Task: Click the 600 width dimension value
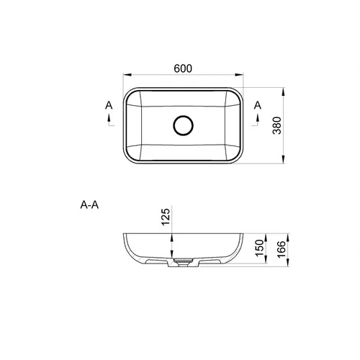tap(183, 68)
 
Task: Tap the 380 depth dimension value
tap(277, 125)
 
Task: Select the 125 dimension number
tap(166, 217)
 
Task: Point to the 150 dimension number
tap(259, 248)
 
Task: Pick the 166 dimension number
tap(282, 249)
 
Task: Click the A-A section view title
tap(89, 205)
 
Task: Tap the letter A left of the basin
tap(109, 105)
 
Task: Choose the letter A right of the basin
tap(258, 105)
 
